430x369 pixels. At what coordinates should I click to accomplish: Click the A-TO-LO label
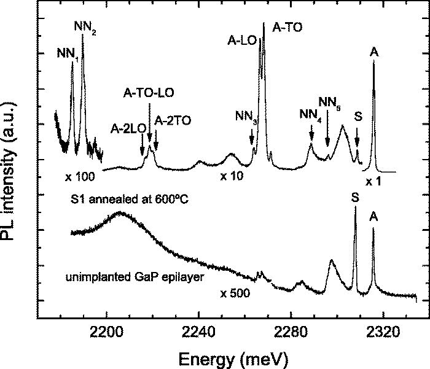149,93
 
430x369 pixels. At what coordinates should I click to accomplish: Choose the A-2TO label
172,121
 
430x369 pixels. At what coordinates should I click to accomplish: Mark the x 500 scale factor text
235,293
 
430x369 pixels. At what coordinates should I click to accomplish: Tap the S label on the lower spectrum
355,198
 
